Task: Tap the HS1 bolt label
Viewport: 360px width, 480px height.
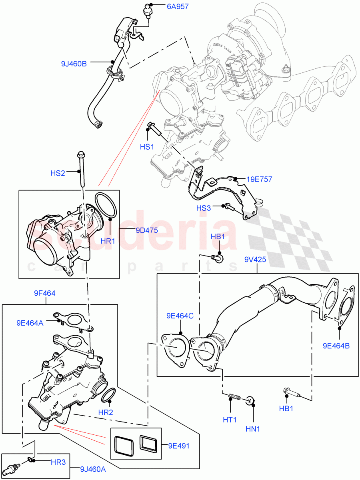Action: pyautogui.click(x=147, y=147)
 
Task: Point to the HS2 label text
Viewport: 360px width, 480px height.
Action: pyautogui.click(x=58, y=173)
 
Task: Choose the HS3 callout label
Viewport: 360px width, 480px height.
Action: pyautogui.click(x=204, y=208)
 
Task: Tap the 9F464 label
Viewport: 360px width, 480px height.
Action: pyautogui.click(x=44, y=293)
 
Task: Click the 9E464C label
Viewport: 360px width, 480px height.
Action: pyautogui.click(x=180, y=316)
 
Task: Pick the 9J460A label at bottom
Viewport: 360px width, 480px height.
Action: pyautogui.click(x=93, y=469)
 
